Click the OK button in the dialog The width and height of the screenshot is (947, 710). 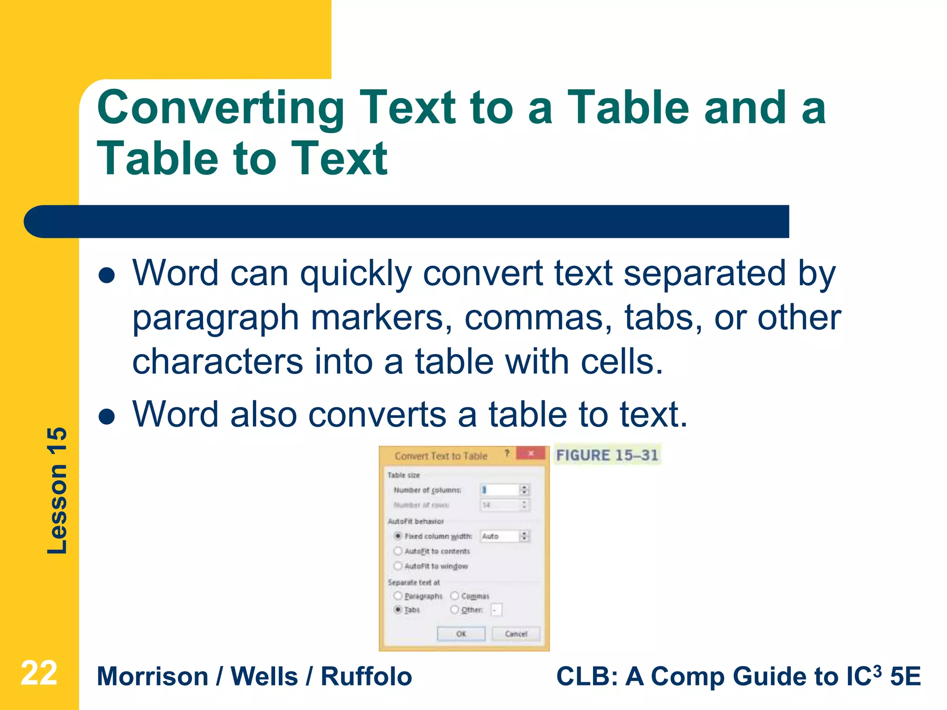pyautogui.click(x=461, y=634)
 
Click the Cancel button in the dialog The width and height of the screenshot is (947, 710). pyautogui.click(x=516, y=634)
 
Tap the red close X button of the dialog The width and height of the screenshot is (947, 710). pyautogui.click(x=531, y=453)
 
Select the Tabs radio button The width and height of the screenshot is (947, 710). pyautogui.click(x=398, y=610)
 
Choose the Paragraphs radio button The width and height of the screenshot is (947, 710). pyautogui.click(x=398, y=596)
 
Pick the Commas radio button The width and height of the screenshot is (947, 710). pyautogui.click(x=455, y=596)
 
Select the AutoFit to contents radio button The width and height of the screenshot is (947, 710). pyautogui.click(x=398, y=551)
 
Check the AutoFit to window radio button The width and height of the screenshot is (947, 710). pyautogui.click(x=398, y=566)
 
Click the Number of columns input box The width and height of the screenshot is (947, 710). pyautogui.click(x=499, y=490)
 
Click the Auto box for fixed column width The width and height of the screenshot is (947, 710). pyautogui.click(x=499, y=536)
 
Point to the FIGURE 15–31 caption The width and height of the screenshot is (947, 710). pyautogui.click(x=607, y=455)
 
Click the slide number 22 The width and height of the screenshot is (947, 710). pyautogui.click(x=39, y=673)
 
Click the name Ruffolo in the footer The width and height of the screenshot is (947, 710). pyautogui.click(x=366, y=677)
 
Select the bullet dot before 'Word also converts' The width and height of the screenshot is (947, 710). pyautogui.click(x=107, y=416)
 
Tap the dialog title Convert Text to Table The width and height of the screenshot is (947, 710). pyautogui.click(x=441, y=456)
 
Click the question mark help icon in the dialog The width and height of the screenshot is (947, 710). pyautogui.click(x=507, y=453)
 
